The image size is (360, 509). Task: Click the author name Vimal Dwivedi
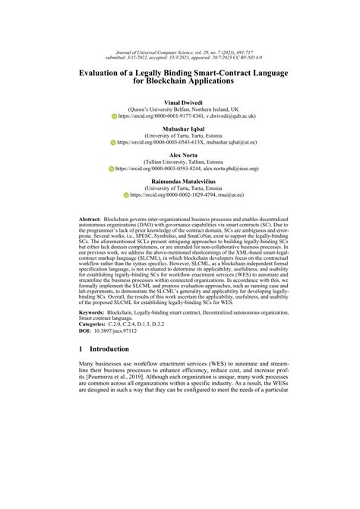click(x=179, y=101)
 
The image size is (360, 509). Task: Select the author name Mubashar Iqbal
click(x=179, y=128)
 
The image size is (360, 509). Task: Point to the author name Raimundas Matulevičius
click(x=179, y=182)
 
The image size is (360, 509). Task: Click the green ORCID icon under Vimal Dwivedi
click(x=106, y=117)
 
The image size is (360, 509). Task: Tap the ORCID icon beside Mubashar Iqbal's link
click(x=108, y=144)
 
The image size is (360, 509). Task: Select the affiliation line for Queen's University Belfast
click(x=179, y=109)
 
